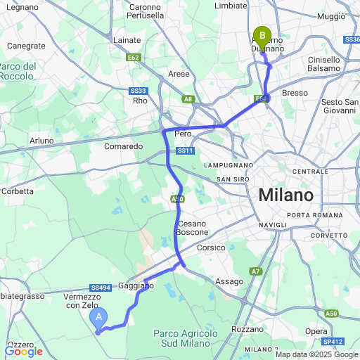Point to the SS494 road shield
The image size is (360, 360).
[101, 288]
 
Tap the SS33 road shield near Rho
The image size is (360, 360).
[139, 91]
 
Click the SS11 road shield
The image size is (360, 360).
[185, 150]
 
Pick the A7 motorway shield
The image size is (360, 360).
[255, 271]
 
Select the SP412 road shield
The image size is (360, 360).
[333, 342]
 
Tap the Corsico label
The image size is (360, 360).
[211, 248]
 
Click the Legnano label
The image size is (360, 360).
[25, 6]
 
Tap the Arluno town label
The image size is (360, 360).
[41, 141]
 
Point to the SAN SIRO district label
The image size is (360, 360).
[233, 179]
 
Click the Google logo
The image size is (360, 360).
[23, 351]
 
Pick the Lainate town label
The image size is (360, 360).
[127, 40]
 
